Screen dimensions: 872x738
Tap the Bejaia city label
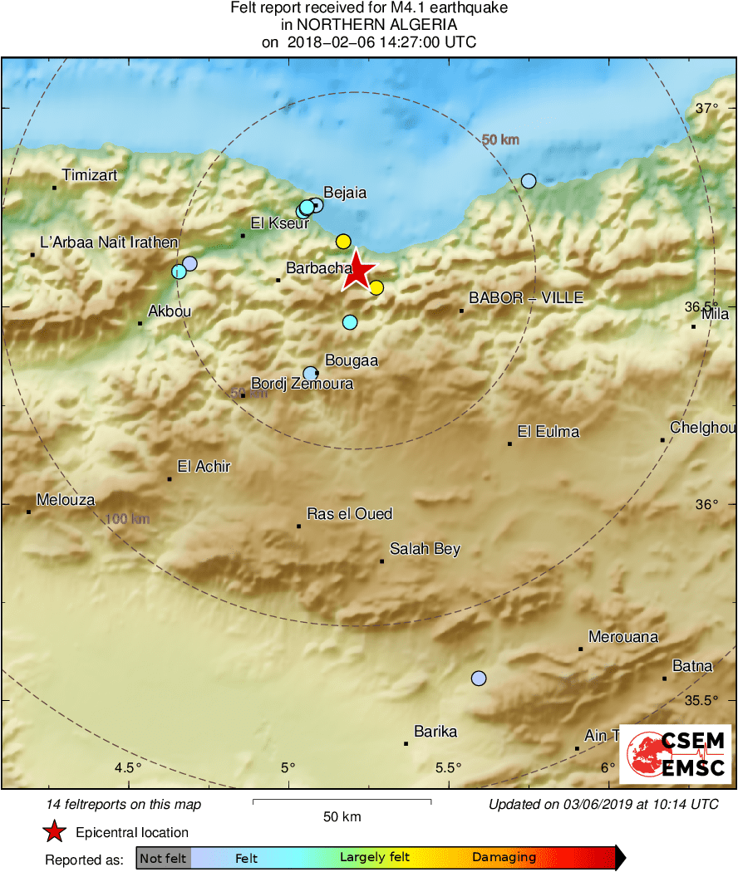344,193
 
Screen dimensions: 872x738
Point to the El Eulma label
548,432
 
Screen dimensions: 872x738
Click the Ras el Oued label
349,514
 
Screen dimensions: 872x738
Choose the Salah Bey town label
425,549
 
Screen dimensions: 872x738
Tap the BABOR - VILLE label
526,297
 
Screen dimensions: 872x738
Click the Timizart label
90,175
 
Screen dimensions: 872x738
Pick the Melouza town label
66,500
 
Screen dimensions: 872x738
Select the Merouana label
622,637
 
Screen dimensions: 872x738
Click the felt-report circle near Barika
478,678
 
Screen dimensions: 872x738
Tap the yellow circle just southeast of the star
376,288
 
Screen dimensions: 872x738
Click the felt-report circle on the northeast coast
529,181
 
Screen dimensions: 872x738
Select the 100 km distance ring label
127,519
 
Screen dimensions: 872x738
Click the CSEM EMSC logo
675,753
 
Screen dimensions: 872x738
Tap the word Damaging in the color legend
504,857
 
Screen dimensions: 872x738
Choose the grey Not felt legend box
163,858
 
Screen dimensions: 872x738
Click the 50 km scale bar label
342,816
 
